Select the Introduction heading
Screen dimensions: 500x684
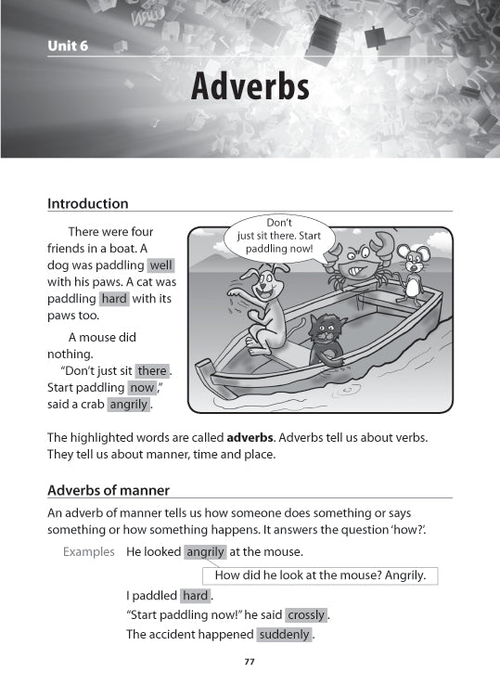point(87,203)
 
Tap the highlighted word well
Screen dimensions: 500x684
point(160,265)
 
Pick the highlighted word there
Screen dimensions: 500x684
point(152,371)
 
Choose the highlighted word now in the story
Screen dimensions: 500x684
point(142,388)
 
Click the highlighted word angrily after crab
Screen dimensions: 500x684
point(128,405)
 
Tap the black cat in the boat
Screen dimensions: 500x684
point(324,339)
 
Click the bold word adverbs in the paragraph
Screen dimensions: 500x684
point(248,437)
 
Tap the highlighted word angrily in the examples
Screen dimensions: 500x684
point(205,551)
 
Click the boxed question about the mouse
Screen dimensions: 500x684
point(320,574)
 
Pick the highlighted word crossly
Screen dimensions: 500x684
point(306,614)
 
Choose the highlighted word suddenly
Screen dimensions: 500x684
point(285,635)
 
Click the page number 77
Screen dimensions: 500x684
point(249,662)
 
